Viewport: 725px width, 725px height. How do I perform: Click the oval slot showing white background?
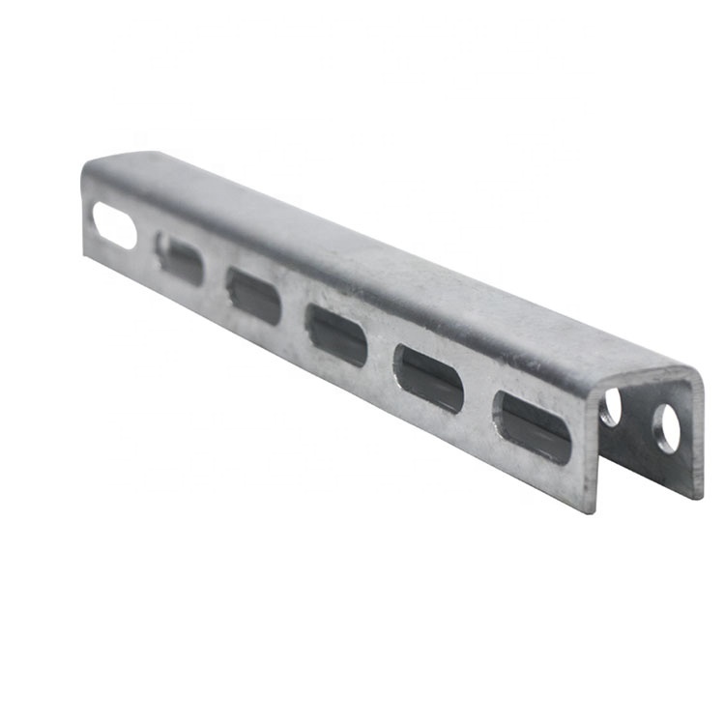click(115, 225)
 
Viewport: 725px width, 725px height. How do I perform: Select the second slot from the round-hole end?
click(428, 377)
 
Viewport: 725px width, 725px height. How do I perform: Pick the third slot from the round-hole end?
click(336, 334)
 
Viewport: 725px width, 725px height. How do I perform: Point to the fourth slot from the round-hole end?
click(253, 295)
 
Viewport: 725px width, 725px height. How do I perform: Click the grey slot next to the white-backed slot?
click(181, 259)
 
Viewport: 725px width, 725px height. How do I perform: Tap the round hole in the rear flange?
click(667, 428)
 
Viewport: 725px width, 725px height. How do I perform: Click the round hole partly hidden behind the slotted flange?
click(610, 409)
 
